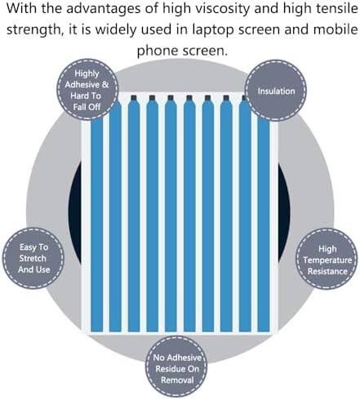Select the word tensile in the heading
(341, 8)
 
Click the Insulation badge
(276, 91)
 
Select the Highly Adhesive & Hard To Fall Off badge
(87, 90)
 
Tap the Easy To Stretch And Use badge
(33, 258)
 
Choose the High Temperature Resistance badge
(327, 259)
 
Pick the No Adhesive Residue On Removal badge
(176, 368)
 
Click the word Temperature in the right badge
(327, 260)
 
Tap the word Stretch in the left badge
(33, 258)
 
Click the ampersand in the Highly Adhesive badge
(105, 85)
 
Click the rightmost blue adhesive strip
(263, 225)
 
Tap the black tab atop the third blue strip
(152, 98)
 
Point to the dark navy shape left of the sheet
(74, 213)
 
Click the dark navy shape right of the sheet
(284, 212)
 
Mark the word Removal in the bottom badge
(177, 380)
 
